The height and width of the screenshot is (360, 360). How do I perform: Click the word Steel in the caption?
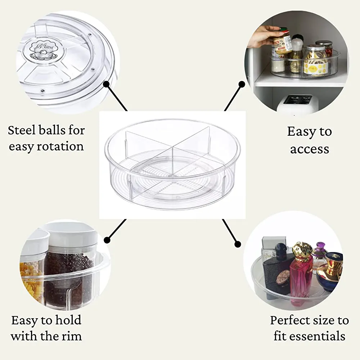[22, 130]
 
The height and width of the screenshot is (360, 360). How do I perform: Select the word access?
[310, 149]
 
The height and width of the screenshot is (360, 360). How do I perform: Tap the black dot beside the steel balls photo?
[106, 84]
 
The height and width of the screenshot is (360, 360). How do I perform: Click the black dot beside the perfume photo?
[238, 244]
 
